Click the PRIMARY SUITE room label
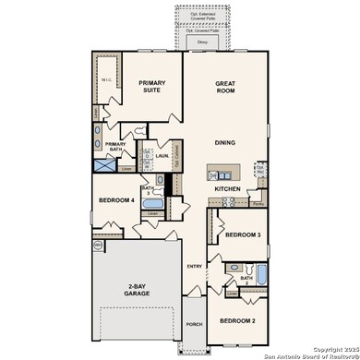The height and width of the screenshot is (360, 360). [x=152, y=87]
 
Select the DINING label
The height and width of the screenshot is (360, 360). [x=225, y=143]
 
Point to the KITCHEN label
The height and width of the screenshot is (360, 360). [x=228, y=189]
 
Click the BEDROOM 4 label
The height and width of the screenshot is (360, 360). [x=117, y=200]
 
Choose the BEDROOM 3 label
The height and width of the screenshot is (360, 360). [x=242, y=234]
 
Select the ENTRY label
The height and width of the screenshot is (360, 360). [x=195, y=267]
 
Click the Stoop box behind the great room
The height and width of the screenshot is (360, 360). [x=202, y=42]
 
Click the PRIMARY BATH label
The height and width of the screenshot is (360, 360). [x=116, y=146]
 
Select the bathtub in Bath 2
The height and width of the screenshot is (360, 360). [x=261, y=274]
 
